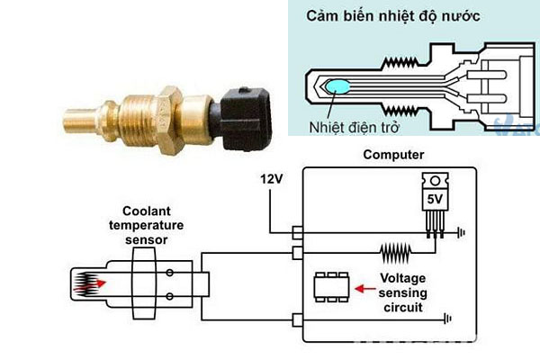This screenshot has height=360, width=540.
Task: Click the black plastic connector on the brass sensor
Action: pos(245,119)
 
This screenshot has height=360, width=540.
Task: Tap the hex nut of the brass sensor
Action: pos(170,120)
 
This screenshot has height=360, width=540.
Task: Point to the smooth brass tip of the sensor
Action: pos(80,121)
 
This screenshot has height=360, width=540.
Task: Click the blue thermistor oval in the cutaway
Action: pos(337,86)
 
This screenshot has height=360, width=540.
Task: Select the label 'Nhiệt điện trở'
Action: pos(354,128)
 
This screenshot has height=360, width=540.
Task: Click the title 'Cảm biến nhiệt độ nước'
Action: pos(393,16)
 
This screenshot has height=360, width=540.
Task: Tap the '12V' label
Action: pos(272,179)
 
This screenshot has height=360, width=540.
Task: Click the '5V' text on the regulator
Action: pos(435,199)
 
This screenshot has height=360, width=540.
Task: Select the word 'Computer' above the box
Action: pos(393,155)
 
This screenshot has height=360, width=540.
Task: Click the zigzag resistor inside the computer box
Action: pos(396,253)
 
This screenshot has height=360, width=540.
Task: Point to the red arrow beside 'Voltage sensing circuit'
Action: pos(365,288)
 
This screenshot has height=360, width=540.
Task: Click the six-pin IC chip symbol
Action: pos(331,287)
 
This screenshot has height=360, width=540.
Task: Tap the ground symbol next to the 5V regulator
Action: pos(461,232)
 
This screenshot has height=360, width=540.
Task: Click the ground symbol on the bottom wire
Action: pos(447,319)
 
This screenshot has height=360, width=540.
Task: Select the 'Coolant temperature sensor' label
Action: pos(147,225)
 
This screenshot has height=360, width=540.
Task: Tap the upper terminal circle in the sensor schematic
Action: pos(169,273)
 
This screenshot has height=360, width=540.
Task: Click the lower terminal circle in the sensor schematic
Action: pos(169,296)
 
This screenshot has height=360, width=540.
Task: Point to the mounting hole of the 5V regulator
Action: pos(436,181)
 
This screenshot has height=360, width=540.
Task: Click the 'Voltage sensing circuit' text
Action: pos(402,292)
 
